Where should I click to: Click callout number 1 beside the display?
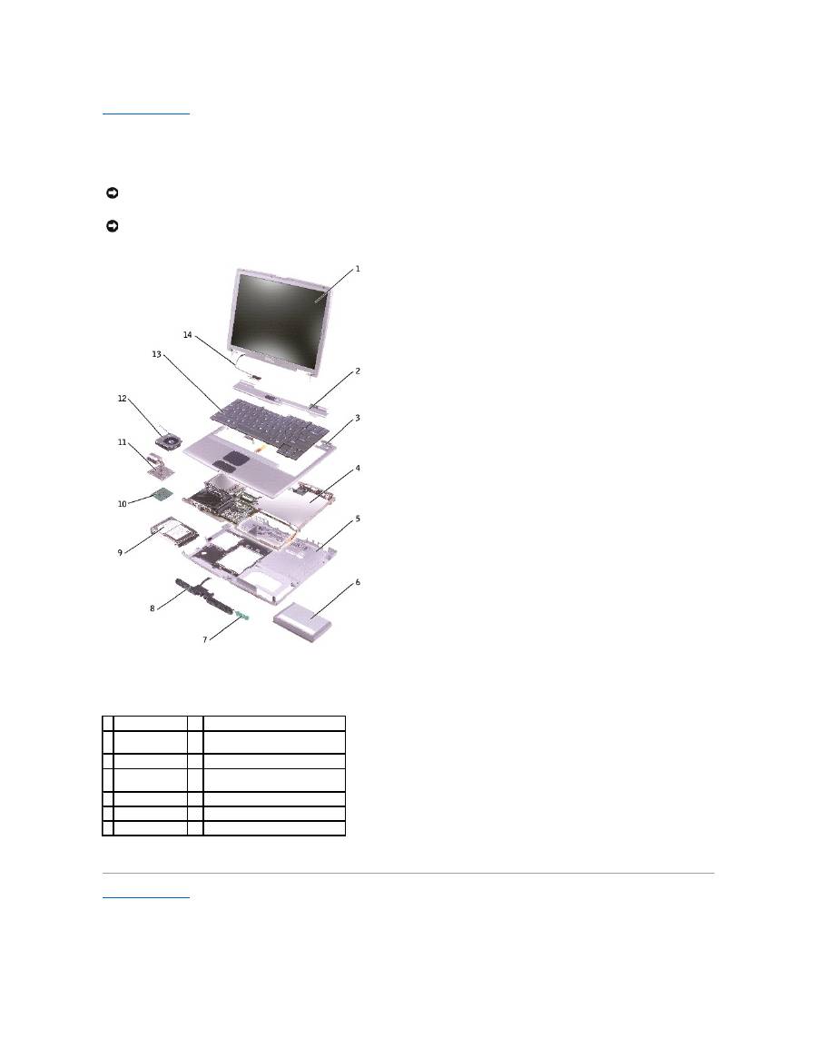358,269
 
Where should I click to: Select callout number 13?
158,355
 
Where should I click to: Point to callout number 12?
123,398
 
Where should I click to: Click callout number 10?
123,500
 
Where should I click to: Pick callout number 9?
120,551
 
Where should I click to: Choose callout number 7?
205,639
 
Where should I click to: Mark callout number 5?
358,519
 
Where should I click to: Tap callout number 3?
358,418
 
